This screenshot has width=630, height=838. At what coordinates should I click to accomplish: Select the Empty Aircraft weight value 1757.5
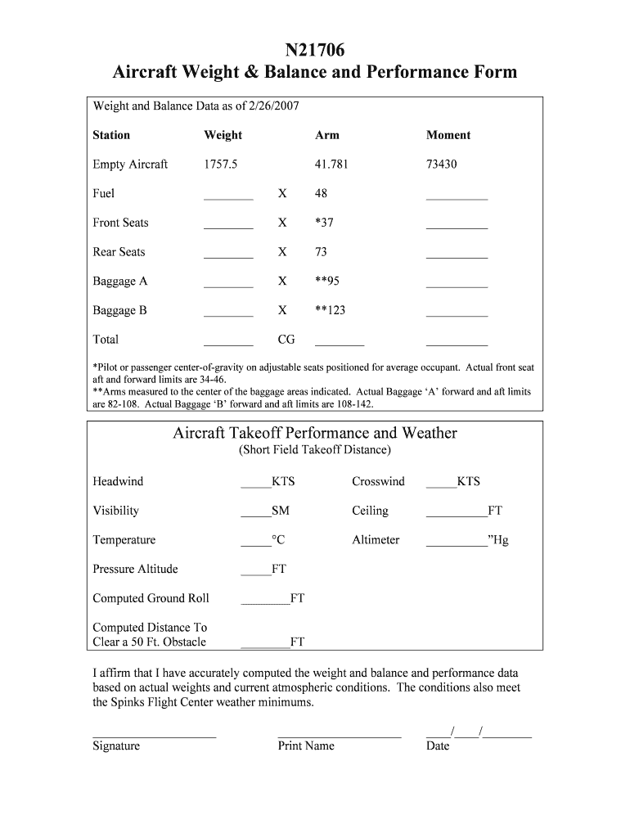pyautogui.click(x=221, y=164)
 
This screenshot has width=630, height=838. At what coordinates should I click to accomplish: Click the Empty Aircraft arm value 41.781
pyautogui.click(x=331, y=164)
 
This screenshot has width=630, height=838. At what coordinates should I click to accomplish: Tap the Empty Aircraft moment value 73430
pyautogui.click(x=442, y=164)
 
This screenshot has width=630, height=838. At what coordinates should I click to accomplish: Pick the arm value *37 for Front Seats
pyautogui.click(x=324, y=223)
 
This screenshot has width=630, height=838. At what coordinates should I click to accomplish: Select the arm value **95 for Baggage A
pyautogui.click(x=327, y=282)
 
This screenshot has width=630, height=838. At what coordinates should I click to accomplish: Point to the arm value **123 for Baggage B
pyautogui.click(x=330, y=311)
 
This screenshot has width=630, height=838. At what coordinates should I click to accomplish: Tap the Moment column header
pyautogui.click(x=448, y=135)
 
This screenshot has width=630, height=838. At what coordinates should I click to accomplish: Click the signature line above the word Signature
pyautogui.click(x=154, y=734)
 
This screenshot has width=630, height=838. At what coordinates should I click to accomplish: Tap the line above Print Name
pyautogui.click(x=340, y=734)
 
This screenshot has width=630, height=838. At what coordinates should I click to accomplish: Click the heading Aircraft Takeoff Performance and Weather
pyautogui.click(x=315, y=433)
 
